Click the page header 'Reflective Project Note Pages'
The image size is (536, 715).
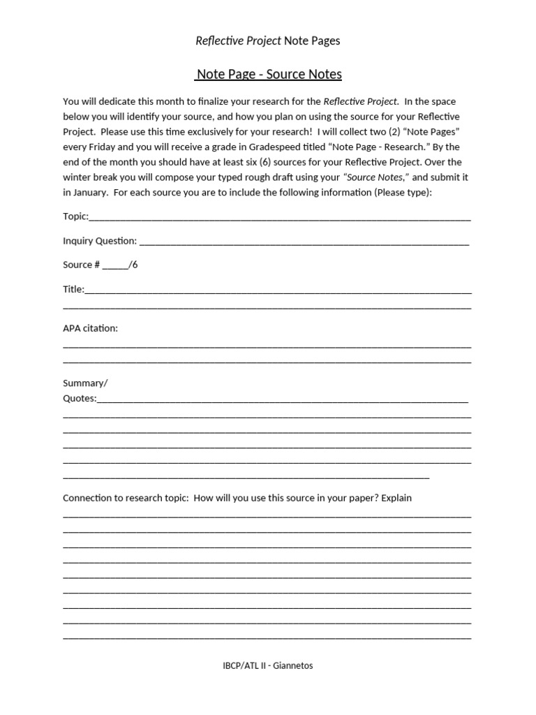click(268, 40)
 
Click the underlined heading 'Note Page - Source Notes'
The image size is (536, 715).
click(269, 74)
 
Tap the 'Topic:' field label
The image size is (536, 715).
click(75, 216)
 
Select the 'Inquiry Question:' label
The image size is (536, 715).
click(100, 241)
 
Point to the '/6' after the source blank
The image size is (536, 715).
click(133, 265)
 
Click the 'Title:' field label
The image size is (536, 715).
click(73, 289)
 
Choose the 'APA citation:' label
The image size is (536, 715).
click(90, 328)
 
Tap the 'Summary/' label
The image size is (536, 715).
click(85, 383)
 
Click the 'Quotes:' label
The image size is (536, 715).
click(80, 399)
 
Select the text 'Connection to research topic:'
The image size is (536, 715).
click(126, 498)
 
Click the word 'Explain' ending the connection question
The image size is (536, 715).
click(394, 498)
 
